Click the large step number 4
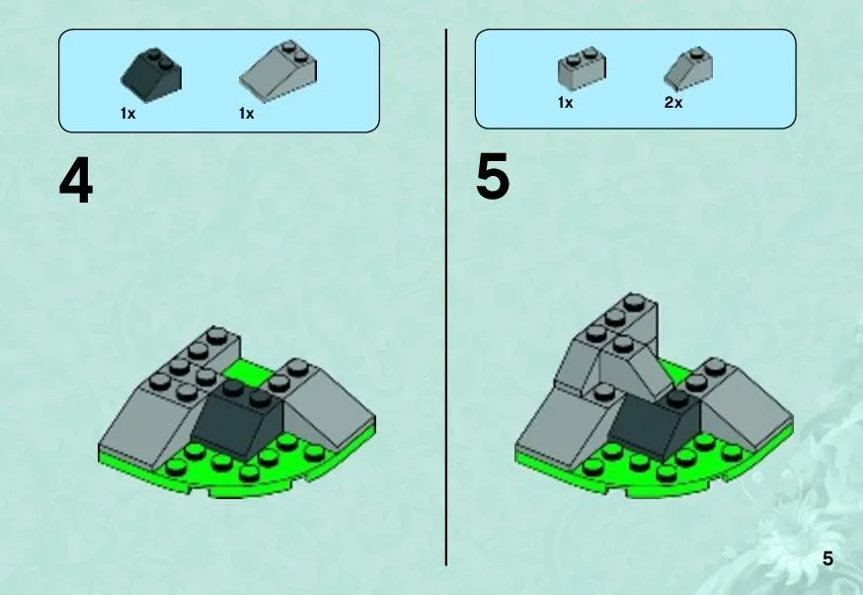76,181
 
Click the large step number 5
493,177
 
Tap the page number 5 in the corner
827,558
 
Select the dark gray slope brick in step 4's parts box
151,75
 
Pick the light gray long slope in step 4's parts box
277,71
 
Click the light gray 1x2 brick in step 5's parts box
582,68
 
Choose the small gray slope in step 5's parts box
688,68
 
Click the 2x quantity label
673,103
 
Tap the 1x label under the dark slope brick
127,114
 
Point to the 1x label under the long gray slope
246,114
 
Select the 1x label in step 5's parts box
565,103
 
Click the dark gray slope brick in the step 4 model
238,419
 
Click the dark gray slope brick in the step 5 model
655,424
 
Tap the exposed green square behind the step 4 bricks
248,372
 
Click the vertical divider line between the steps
445,297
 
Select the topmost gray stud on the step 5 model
634,300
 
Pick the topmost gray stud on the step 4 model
217,334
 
